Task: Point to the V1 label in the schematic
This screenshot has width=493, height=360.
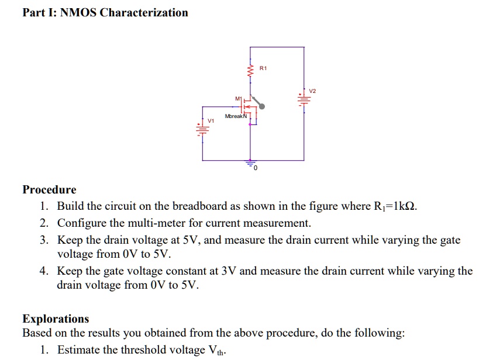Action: coord(211,120)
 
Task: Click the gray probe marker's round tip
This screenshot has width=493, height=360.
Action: coord(262,106)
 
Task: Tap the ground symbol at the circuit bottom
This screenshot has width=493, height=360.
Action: coord(251,164)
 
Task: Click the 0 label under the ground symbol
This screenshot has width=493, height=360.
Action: coord(255,169)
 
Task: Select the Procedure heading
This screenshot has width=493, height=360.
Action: coord(49,190)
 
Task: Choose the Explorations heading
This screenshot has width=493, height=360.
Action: coord(56,319)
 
